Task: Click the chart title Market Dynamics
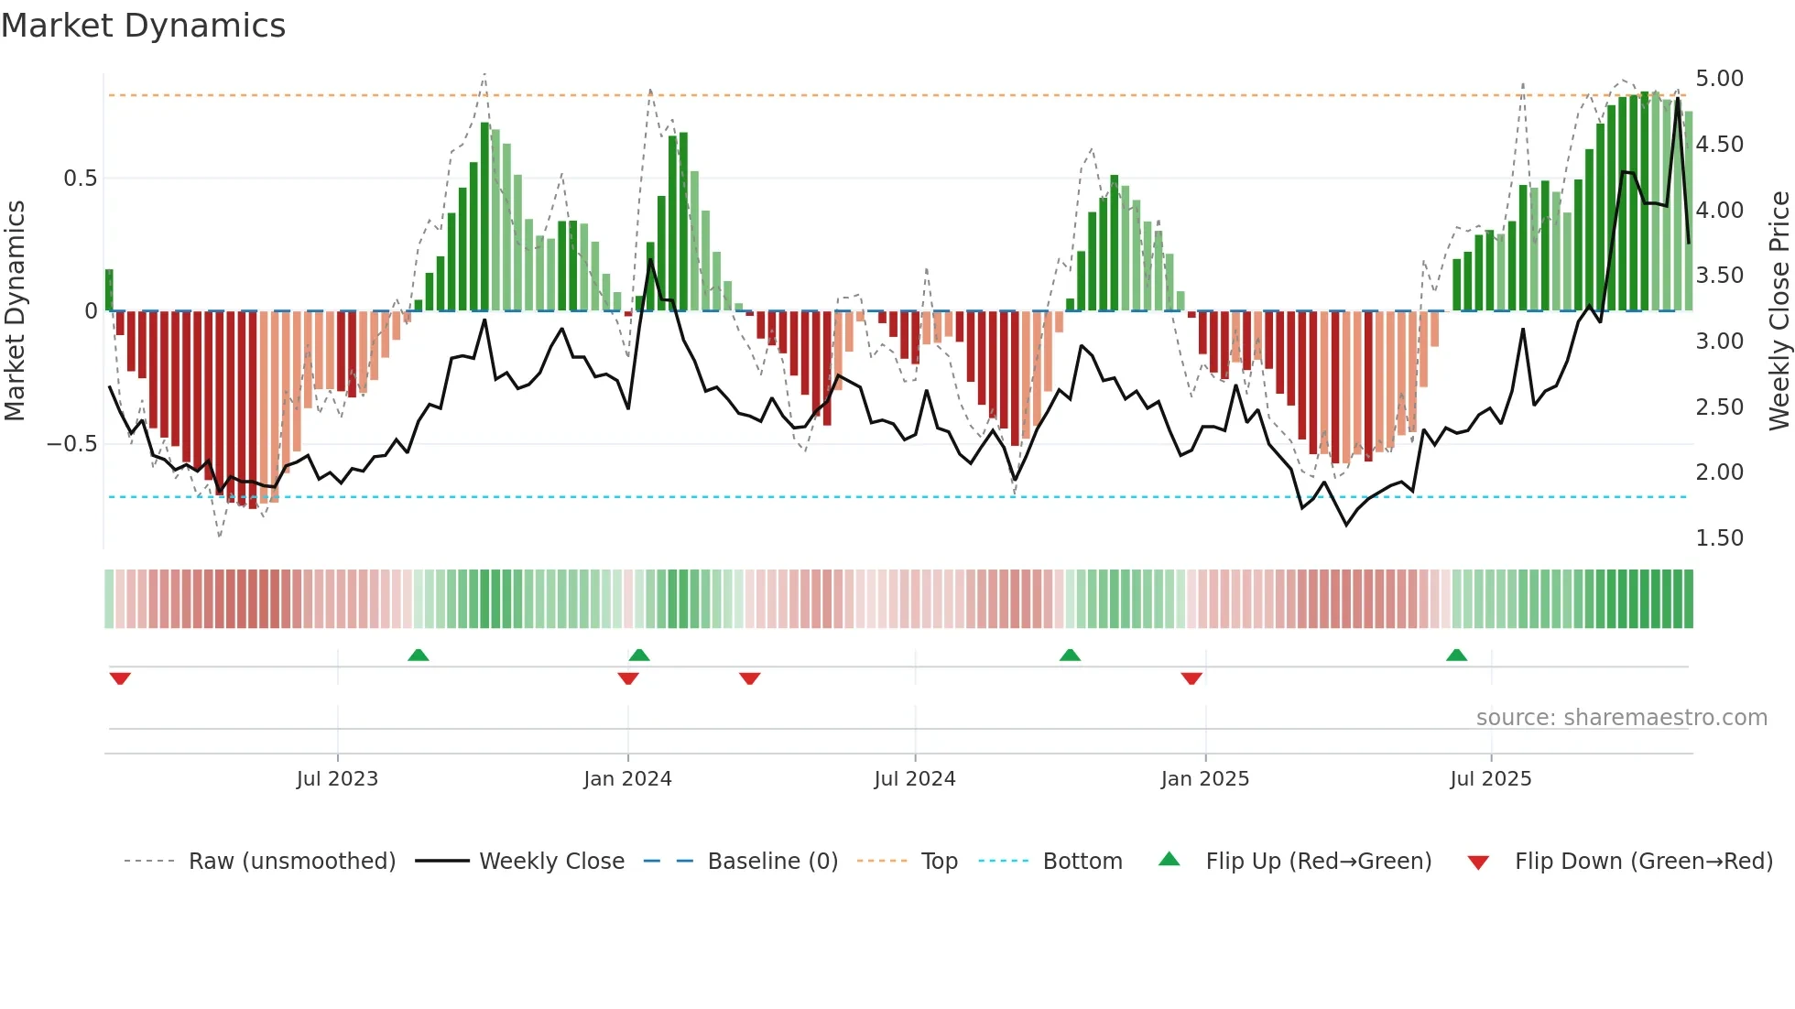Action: [x=144, y=26]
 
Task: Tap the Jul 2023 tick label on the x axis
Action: [x=337, y=779]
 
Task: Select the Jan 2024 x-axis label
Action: [x=627, y=779]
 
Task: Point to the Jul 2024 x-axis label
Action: [x=914, y=779]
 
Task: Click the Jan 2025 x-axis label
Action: [x=1204, y=779]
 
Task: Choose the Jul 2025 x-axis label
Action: [x=1490, y=779]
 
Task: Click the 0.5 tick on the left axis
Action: [x=80, y=179]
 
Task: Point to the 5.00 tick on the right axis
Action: [x=1719, y=79]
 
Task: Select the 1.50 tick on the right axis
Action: [x=1719, y=538]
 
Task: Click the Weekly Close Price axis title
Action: [x=1779, y=311]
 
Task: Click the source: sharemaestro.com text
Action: [x=1621, y=718]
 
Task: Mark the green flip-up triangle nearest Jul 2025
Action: [x=1456, y=655]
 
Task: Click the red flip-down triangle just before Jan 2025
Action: [x=1191, y=678]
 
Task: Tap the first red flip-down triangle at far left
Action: [x=120, y=678]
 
